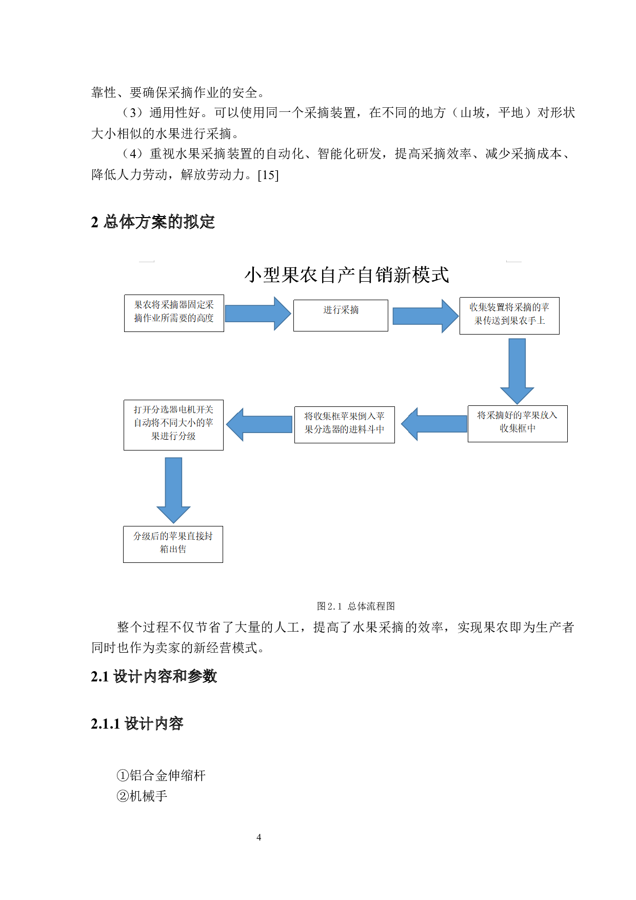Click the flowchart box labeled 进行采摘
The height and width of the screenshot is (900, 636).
pyautogui.click(x=341, y=315)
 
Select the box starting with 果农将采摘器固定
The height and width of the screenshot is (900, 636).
pyautogui.click(x=174, y=312)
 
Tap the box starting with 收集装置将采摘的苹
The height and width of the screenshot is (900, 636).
pyautogui.click(x=509, y=316)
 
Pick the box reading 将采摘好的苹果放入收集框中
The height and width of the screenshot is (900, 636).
pyautogui.click(x=518, y=423)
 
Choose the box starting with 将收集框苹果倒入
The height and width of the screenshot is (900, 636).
pyautogui.click(x=344, y=424)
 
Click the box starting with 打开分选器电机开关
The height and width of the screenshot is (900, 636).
pyautogui.click(x=173, y=425)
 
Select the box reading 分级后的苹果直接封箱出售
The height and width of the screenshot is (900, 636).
pyautogui.click(x=173, y=544)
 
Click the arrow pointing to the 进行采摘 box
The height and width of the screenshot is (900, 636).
pyautogui.click(x=257, y=313)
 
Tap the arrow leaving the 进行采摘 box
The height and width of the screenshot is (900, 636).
pyautogui.click(x=425, y=316)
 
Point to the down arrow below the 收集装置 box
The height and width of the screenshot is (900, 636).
pyautogui.click(x=517, y=370)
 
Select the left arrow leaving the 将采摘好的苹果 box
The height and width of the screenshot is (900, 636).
pyautogui.click(x=434, y=424)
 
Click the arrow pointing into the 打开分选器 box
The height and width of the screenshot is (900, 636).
pyautogui.click(x=260, y=424)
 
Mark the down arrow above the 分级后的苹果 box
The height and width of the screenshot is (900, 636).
pyautogui.click(x=173, y=489)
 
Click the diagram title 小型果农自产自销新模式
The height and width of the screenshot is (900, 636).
pyautogui.click(x=347, y=275)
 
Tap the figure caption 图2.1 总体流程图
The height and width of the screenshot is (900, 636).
pyautogui.click(x=356, y=606)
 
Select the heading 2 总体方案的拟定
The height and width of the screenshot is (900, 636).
pyautogui.click(x=153, y=222)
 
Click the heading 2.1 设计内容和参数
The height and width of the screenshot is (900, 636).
pyautogui.click(x=154, y=676)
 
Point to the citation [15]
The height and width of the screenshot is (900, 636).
pyautogui.click(x=268, y=175)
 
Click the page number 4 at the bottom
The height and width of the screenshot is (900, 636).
pyautogui.click(x=259, y=837)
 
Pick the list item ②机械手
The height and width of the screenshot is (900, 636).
pyautogui.click(x=142, y=796)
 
